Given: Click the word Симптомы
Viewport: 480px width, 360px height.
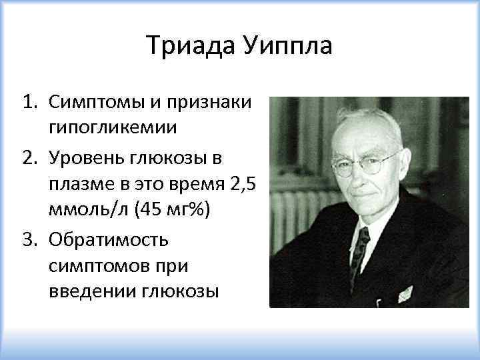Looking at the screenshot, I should (x=89, y=104).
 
